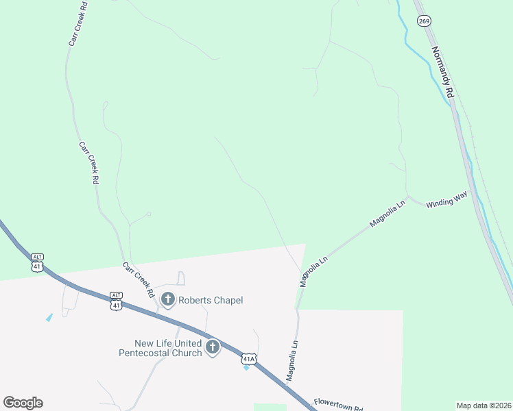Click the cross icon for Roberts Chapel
click(167, 299)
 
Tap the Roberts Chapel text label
click(211, 300)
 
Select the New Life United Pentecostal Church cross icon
click(212, 347)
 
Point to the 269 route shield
click(424, 21)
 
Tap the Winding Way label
click(446, 200)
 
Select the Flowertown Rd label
click(338, 405)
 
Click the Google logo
click(23, 403)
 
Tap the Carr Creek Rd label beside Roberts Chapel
click(139, 279)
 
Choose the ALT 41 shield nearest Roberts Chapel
click(117, 301)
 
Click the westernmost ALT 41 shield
click(36, 262)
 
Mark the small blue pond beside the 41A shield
click(246, 368)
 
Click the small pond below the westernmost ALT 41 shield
click(49, 317)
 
